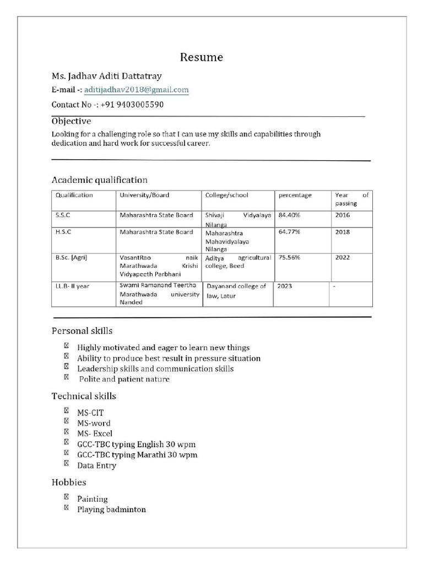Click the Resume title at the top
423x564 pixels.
coord(202,57)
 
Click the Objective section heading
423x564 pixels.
coord(71,121)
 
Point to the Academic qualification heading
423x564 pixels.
coord(99,180)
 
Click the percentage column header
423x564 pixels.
coord(295,195)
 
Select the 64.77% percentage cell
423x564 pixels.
coord(290,232)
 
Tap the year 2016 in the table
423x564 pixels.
coord(342,215)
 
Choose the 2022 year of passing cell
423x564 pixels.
coord(342,257)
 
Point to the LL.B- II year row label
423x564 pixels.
coord(72,286)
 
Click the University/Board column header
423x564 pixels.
coord(144,195)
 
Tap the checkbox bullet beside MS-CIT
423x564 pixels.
coord(66,410)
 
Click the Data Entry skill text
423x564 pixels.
coord(96,465)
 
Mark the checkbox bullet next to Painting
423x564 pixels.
coord(66,497)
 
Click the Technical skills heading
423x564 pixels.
coord(84,396)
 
